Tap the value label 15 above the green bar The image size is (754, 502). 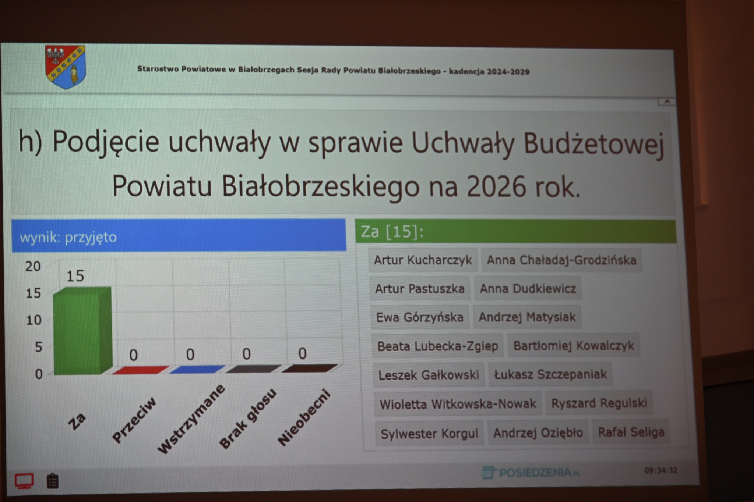75,276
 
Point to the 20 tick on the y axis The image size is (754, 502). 33,266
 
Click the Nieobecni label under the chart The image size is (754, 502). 304,418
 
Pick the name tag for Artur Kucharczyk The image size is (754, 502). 423,260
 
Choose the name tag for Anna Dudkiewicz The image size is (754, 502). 528,289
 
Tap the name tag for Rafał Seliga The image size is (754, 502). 631,432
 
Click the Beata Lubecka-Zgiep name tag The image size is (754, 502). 437,346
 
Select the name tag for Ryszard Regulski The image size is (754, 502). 599,403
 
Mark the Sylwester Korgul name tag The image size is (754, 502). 429,434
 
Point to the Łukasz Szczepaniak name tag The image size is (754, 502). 550,374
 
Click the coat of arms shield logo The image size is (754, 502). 66,67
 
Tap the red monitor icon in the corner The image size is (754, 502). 24,481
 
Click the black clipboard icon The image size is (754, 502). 53,481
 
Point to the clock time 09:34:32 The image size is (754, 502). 660,470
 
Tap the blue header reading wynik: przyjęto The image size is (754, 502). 179,236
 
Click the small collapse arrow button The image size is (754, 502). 667,102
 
